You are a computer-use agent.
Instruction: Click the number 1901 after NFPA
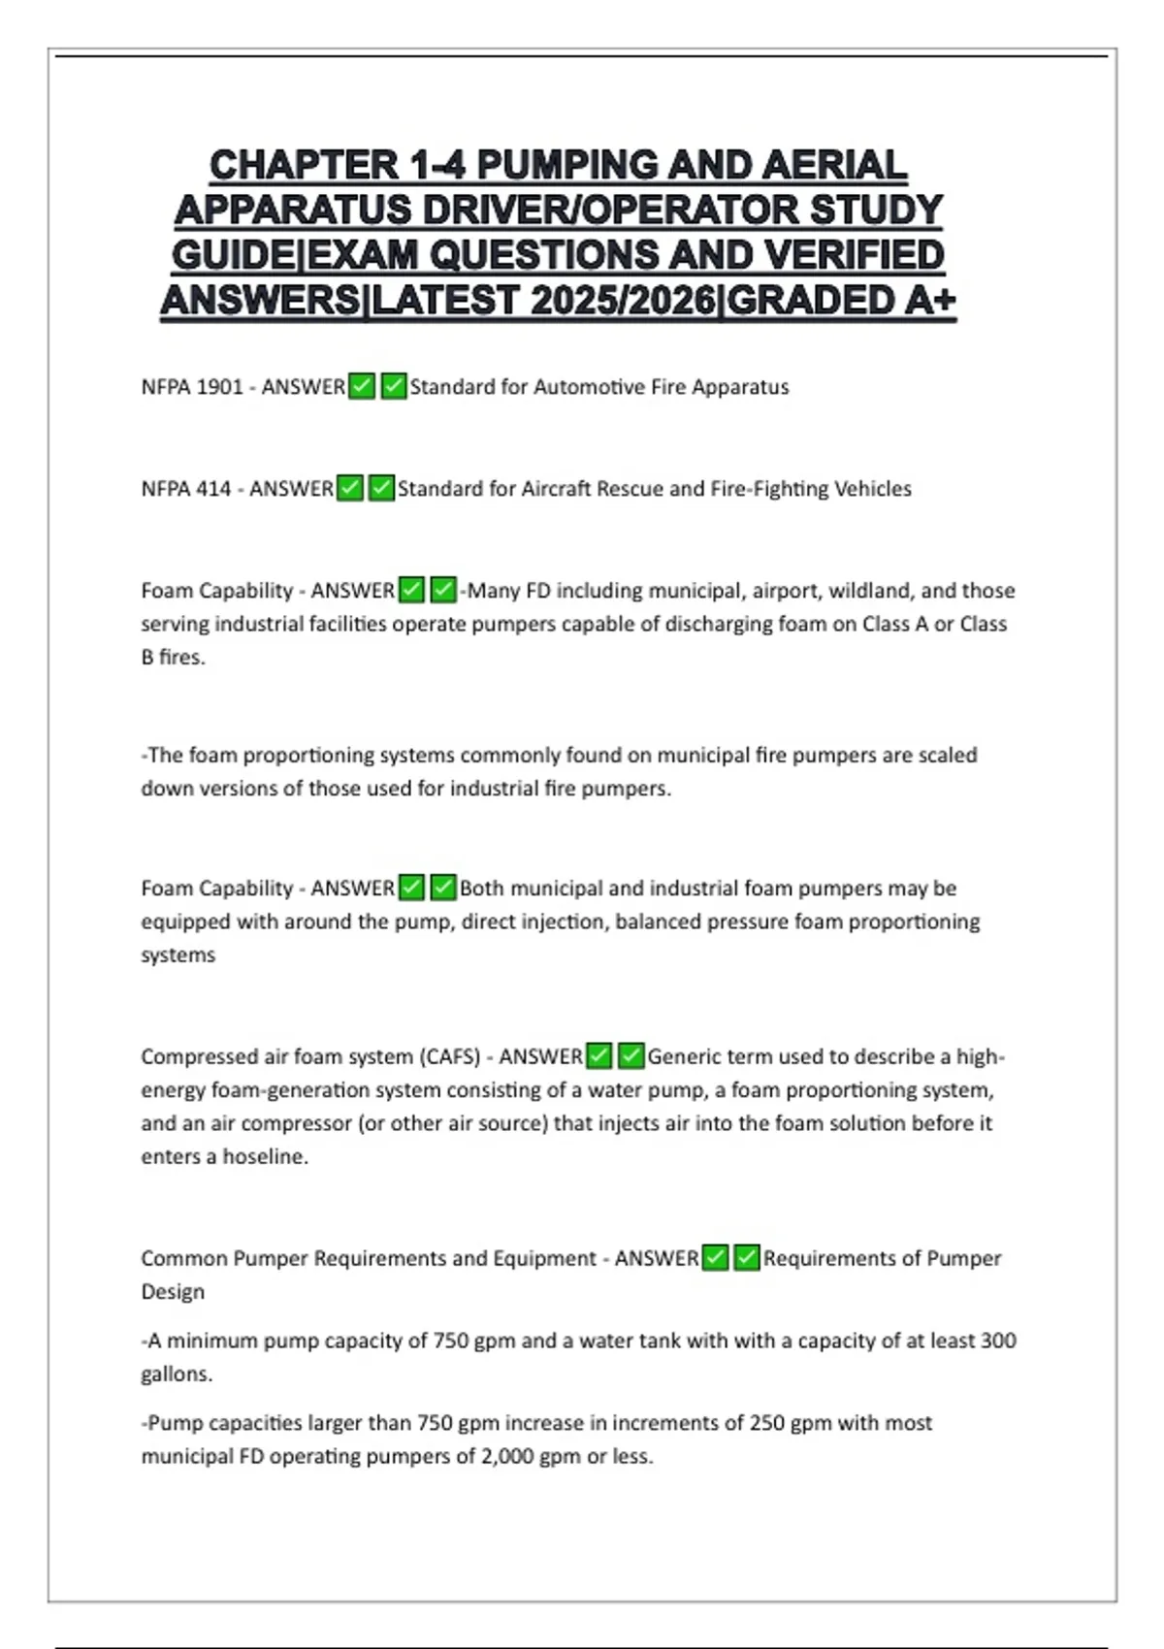pyautogui.click(x=219, y=387)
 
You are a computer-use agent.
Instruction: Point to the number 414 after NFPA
pyautogui.click(x=213, y=489)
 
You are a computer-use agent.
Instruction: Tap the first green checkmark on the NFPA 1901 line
pyautogui.click(x=362, y=386)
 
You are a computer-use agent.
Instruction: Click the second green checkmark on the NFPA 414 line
pyautogui.click(x=381, y=488)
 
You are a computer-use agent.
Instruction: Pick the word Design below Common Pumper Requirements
pyautogui.click(x=173, y=1292)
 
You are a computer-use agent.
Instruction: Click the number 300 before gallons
pyautogui.click(x=997, y=1341)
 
